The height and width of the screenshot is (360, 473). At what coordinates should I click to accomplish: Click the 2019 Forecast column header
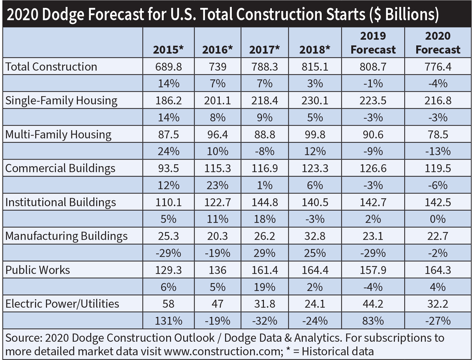[373, 43]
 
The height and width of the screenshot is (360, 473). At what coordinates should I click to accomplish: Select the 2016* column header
[217, 50]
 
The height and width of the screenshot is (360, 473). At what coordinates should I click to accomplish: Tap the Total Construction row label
[51, 67]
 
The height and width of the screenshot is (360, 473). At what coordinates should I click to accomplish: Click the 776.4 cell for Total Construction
[438, 67]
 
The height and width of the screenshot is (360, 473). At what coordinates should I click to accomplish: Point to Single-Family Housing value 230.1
[315, 101]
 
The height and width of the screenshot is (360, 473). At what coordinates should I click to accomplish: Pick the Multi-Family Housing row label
[58, 135]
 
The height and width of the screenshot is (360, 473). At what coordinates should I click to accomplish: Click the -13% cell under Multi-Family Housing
[438, 151]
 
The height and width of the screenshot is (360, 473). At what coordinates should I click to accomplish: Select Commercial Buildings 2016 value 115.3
[217, 168]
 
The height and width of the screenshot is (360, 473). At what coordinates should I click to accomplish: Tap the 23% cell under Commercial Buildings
[217, 185]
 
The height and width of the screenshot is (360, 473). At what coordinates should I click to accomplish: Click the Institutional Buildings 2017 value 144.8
[265, 202]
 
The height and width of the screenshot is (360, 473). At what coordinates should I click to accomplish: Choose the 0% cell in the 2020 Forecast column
[438, 219]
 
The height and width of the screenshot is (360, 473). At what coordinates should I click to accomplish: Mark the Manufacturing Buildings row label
[67, 236]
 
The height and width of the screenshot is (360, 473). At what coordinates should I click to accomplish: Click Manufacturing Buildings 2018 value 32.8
[315, 236]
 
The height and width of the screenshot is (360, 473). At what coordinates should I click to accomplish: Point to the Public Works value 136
[217, 270]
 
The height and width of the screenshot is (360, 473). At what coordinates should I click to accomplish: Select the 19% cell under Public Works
[265, 287]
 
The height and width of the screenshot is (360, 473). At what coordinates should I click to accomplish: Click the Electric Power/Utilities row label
[62, 304]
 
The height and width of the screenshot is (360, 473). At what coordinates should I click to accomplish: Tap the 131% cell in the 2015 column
[168, 321]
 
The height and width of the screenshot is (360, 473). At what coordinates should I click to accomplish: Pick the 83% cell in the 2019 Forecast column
[373, 321]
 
